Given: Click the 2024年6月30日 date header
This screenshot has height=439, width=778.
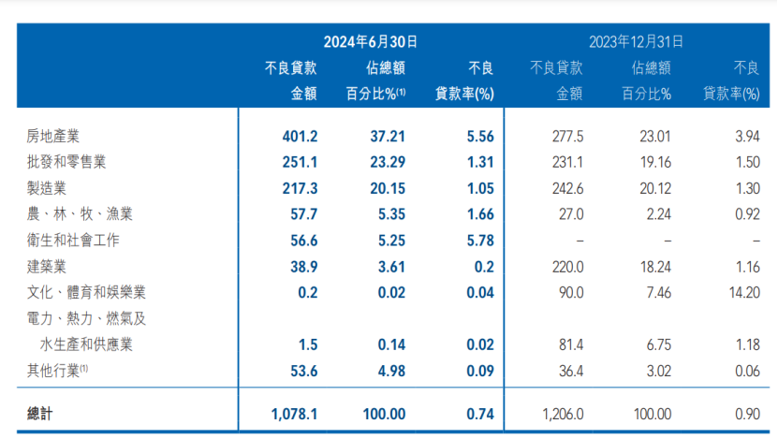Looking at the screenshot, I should coord(370,41).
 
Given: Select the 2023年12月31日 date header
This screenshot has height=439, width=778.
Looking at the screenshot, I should coord(636,41).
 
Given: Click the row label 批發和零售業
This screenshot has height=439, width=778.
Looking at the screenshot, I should coord(66,162).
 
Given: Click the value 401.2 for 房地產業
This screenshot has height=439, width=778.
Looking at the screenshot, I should coord(300,136).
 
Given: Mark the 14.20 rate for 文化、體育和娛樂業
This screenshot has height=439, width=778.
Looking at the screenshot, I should coord(741,293).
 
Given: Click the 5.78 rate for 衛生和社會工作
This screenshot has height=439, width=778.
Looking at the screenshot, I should coord(479,241).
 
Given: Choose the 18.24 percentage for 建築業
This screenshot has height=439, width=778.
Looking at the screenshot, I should coord(653,267).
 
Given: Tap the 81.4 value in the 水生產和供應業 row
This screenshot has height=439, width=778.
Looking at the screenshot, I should coord(570,345).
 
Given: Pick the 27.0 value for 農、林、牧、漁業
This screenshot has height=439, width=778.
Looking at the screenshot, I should coord(570,214).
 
